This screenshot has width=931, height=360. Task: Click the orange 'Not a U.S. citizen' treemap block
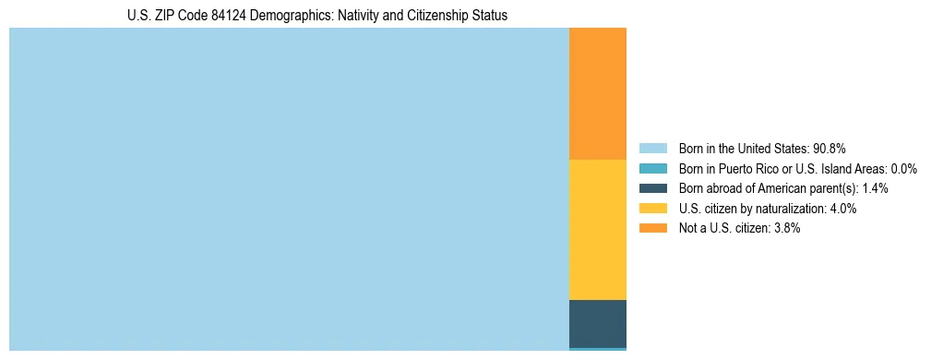tap(597, 94)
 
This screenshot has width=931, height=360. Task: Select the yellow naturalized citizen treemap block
tap(597, 230)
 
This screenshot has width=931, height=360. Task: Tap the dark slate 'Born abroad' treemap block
tap(597, 323)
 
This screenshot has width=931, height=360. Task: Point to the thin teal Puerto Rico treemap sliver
tap(597, 349)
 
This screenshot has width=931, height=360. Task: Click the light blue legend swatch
tap(652, 148)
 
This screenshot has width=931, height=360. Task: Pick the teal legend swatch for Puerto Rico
tap(652, 168)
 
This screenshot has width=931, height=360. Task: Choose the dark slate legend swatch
tap(652, 188)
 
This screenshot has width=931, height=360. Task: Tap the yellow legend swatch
tap(652, 209)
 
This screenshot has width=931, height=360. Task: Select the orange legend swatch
tap(652, 228)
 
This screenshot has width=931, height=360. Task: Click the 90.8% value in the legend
tap(830, 148)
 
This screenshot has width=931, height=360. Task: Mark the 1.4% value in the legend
tap(875, 188)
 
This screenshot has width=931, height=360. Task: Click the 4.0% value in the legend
tap(842, 209)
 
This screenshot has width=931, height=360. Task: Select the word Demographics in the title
tap(276, 16)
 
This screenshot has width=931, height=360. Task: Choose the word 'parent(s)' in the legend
tap(834, 188)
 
